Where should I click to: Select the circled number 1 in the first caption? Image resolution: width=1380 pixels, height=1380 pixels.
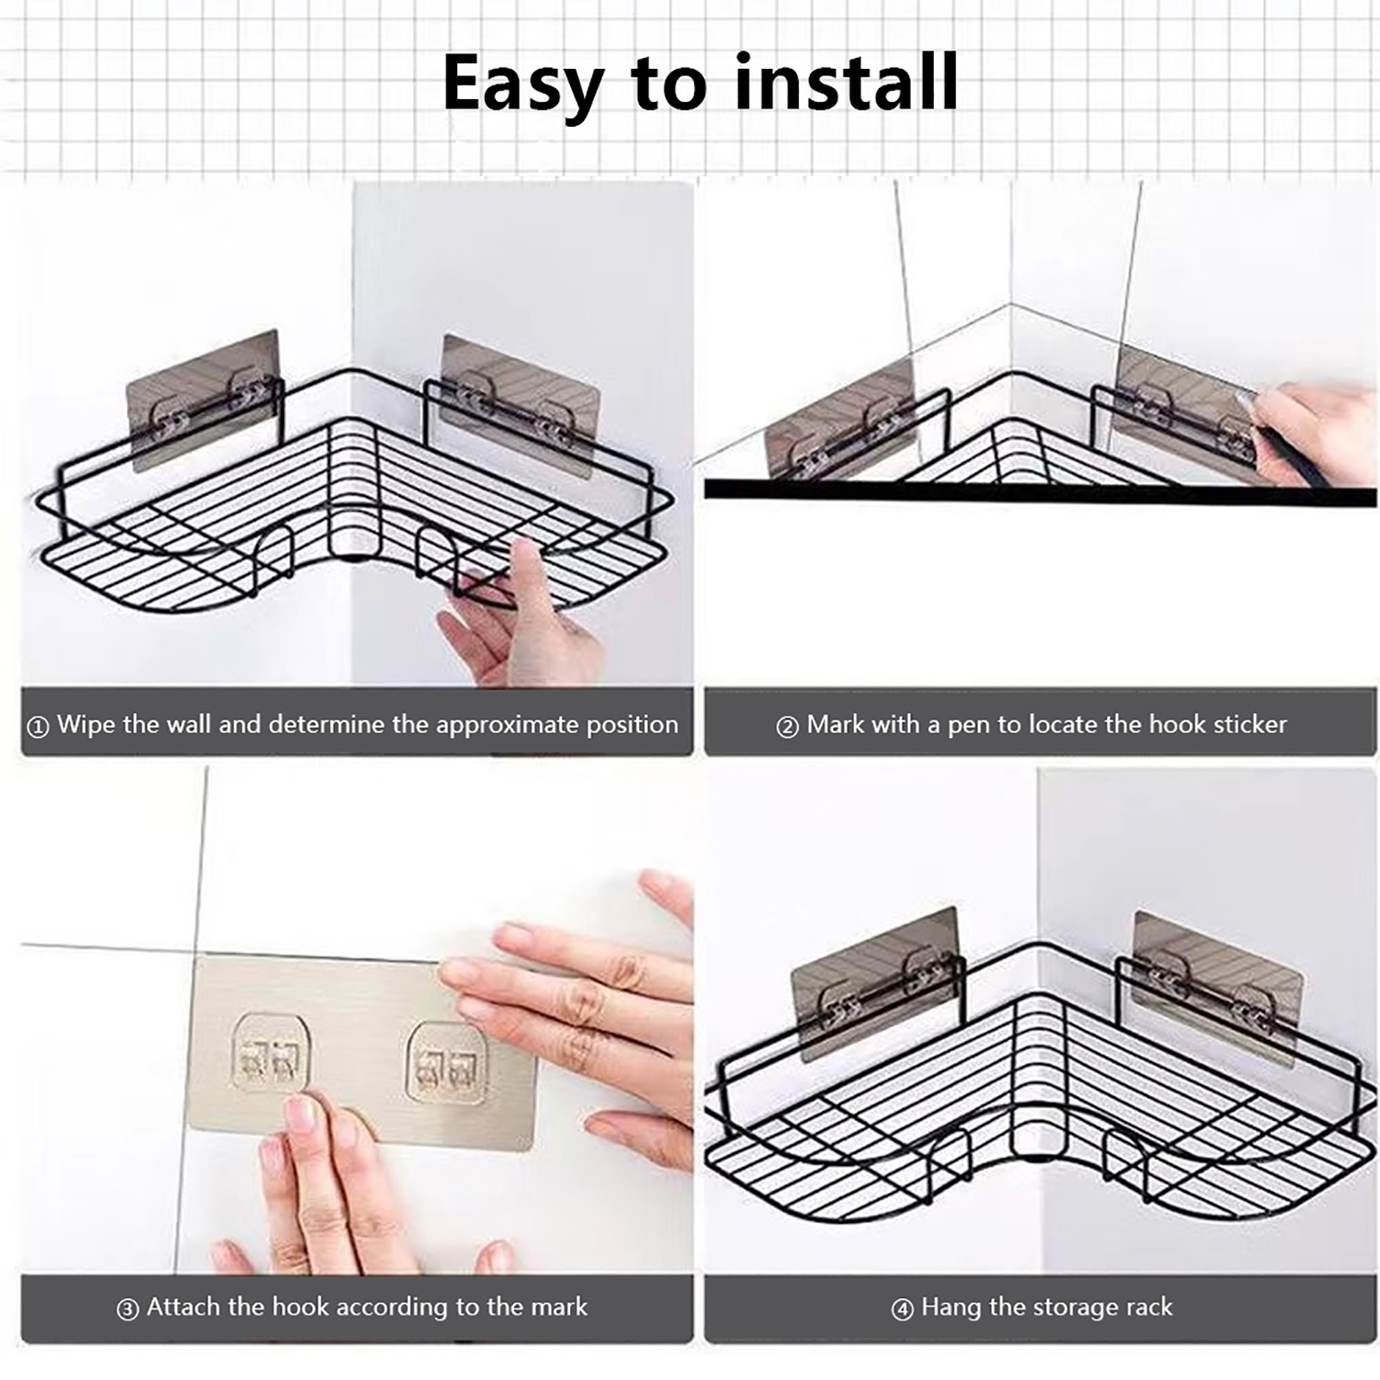pos(38,726)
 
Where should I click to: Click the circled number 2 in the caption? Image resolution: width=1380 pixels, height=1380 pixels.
pos(787,726)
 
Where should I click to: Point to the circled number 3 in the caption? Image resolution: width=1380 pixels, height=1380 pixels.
pos(128,1309)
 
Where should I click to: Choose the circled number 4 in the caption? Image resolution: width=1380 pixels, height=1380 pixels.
pos(902,1309)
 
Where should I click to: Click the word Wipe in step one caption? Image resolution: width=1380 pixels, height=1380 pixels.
pos(86,724)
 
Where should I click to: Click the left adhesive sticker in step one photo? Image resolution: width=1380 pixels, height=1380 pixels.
pos(205,399)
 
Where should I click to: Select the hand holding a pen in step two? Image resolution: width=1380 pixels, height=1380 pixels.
pos(1311,431)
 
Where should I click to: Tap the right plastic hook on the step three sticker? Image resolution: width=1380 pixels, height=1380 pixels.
pos(445,1063)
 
